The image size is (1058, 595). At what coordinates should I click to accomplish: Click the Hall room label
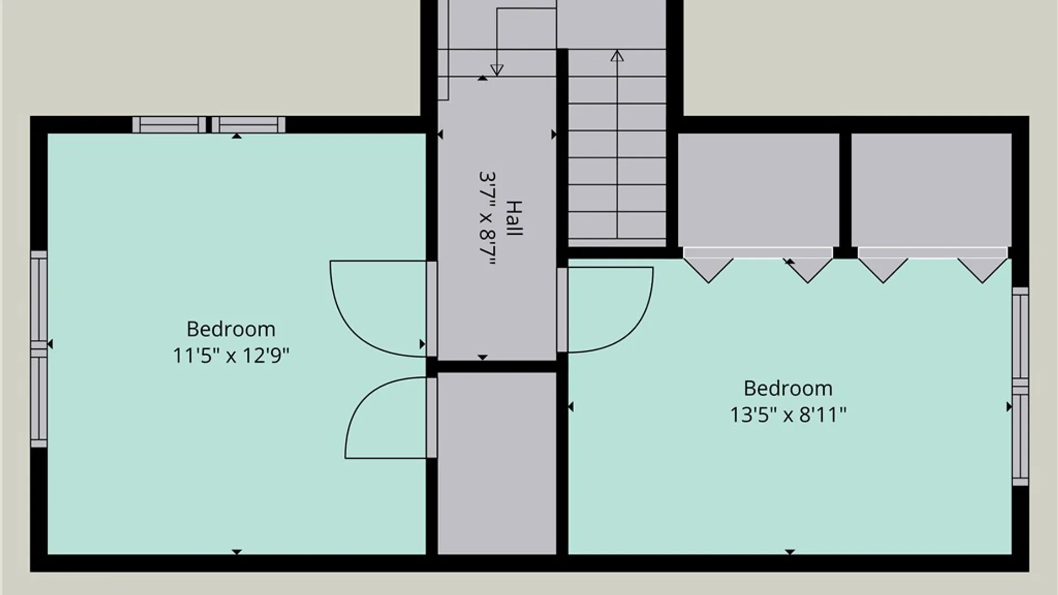(514, 219)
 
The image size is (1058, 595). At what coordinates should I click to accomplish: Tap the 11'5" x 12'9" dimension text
(231, 355)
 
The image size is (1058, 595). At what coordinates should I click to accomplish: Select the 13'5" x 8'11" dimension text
(788, 414)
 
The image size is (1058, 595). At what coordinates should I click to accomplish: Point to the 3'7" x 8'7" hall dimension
(488, 219)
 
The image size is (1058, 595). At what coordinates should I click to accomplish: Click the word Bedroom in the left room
(231, 329)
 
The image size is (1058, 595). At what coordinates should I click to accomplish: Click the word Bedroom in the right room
(788, 388)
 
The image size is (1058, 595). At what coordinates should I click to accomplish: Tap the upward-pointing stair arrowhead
(617, 56)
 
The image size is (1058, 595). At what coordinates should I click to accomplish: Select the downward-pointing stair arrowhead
(497, 70)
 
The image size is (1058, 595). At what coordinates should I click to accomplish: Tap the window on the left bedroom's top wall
(209, 125)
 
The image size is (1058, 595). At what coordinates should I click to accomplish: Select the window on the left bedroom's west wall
(39, 349)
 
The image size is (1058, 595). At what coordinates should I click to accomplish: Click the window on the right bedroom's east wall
(1021, 386)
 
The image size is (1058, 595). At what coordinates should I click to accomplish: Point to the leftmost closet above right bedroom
(758, 190)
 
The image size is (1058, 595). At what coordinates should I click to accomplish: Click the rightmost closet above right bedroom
(931, 190)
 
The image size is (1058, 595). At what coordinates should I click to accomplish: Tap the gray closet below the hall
(497, 463)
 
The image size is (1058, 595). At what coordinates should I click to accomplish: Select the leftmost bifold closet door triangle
(709, 271)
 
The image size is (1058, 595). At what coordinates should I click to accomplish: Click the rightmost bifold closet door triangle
(983, 271)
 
